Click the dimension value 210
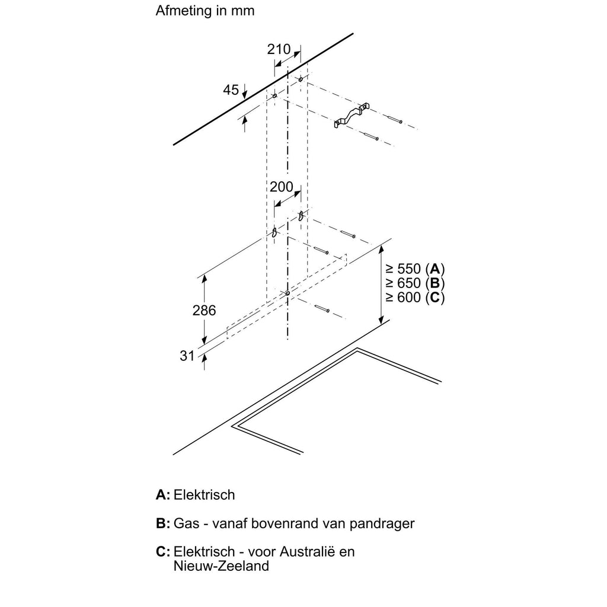coord(279,49)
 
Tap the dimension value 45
coord(231,90)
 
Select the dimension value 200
coord(282,187)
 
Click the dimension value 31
coord(187,355)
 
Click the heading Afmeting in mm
coord(205,11)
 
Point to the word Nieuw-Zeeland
coord(221,566)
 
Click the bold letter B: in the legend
coord(163,523)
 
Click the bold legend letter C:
coord(163,552)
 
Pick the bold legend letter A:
coord(163,494)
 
